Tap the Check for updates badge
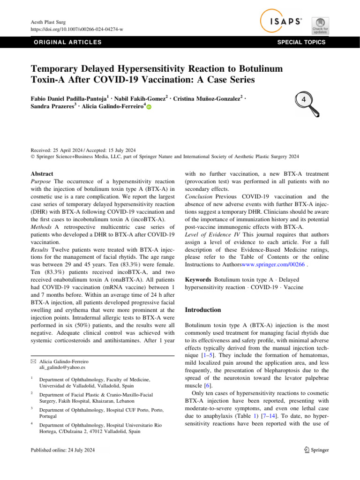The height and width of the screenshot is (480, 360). pyautogui.click(x=320, y=25)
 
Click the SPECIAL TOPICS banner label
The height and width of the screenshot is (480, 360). pyautogui.click(x=301, y=42)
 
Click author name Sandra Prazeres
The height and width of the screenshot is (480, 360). pyautogui.click(x=50, y=107)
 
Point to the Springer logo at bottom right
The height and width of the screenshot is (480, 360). pyautogui.click(x=315, y=450)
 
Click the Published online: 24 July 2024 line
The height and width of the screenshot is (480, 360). pyautogui.click(x=63, y=450)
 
